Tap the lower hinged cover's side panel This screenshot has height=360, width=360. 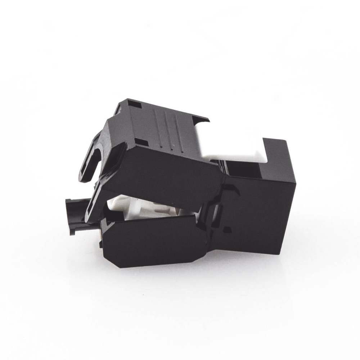pos(155,241)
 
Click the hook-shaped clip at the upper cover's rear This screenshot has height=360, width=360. pos(90,158)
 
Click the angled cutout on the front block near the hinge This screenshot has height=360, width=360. pos(230,191)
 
